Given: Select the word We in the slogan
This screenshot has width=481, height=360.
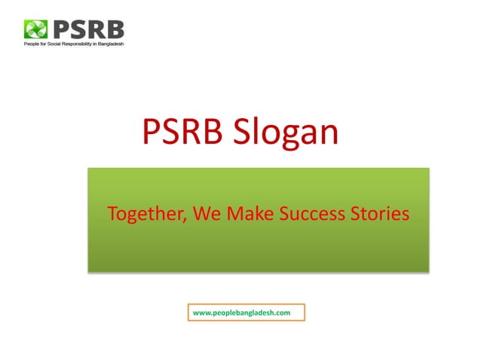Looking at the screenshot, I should [205, 215].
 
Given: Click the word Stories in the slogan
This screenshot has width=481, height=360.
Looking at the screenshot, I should [379, 215].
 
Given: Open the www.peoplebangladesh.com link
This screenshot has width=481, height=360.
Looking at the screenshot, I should [242, 312].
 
